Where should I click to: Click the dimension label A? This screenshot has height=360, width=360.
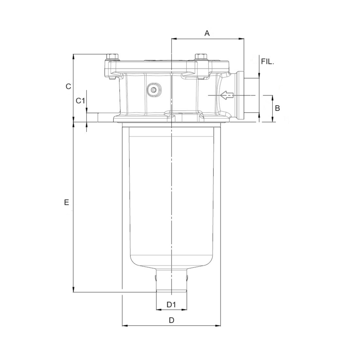coord(207,33)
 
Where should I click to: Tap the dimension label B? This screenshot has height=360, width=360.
coord(278,108)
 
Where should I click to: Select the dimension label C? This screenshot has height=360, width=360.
coord(68,86)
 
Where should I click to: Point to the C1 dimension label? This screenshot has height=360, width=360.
coord(80,101)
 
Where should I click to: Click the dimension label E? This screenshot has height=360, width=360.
coord(67,203)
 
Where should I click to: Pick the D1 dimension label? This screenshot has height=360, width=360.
coord(171,305)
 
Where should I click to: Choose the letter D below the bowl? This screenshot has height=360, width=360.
coord(171,320)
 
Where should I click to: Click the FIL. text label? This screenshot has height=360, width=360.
coord(267,61)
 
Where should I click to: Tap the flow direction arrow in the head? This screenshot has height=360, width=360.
coord(227,95)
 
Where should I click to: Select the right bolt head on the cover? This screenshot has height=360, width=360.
coord(201,57)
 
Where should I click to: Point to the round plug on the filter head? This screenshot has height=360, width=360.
coord(154,90)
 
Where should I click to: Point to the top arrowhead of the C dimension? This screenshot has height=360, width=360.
coord(73,57)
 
